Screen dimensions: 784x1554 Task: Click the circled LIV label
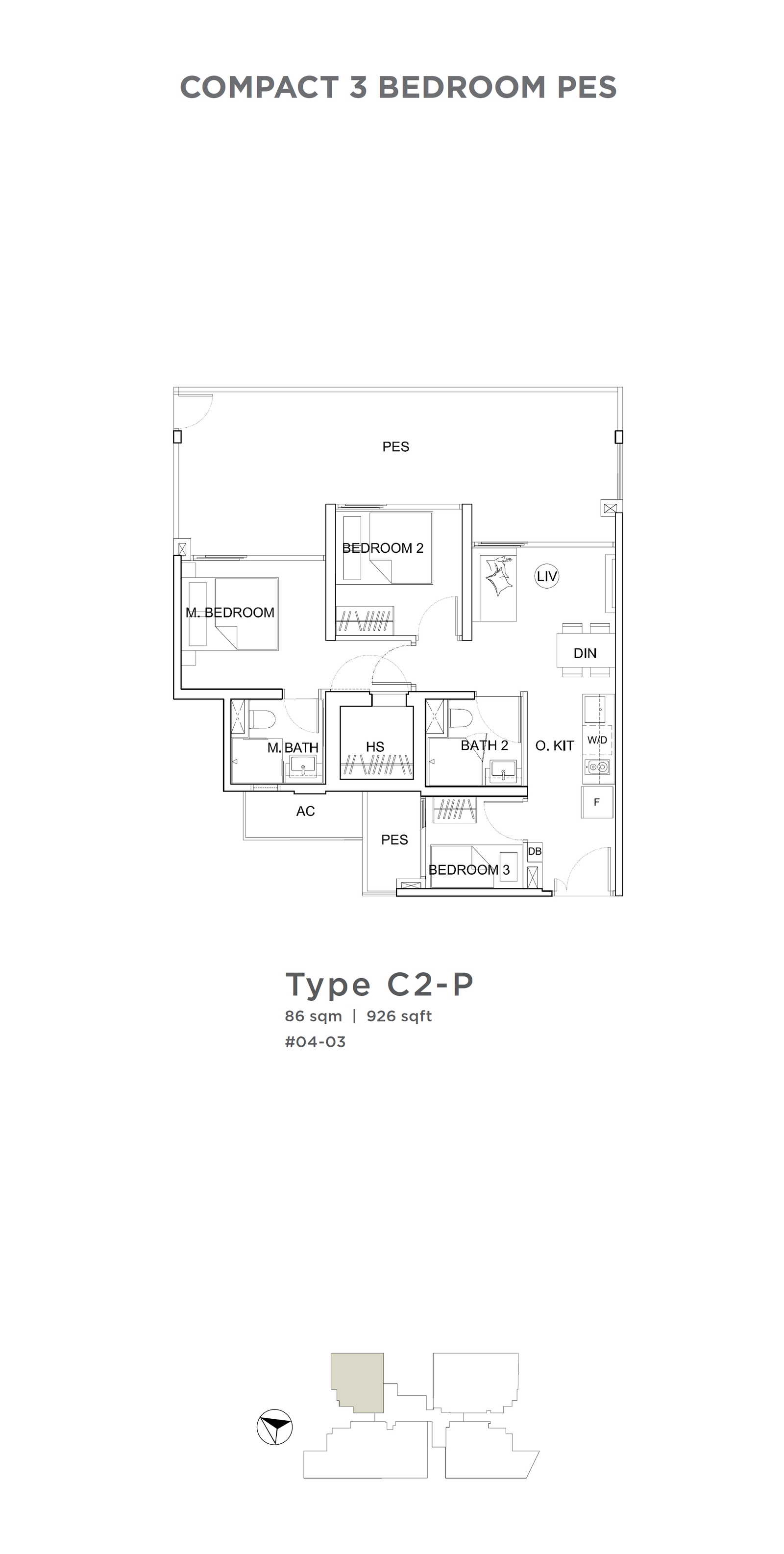[546, 576]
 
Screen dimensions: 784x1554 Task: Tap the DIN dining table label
[585, 653]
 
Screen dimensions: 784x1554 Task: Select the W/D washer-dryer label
[597, 740]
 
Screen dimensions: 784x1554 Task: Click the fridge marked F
[597, 802]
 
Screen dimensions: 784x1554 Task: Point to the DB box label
[534, 851]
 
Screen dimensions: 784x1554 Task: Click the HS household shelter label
[375, 747]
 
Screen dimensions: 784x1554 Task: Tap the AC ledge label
[305, 812]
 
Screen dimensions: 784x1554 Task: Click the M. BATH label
[293, 748]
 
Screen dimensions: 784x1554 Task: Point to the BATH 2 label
[484, 745]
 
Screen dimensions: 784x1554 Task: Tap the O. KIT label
[554, 745]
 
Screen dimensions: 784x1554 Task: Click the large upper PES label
[395, 447]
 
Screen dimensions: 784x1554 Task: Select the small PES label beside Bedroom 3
[394, 840]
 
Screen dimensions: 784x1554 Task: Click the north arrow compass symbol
[274, 1427]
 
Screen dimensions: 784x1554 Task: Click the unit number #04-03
[316, 1042]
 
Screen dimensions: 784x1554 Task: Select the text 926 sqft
[399, 1016]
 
